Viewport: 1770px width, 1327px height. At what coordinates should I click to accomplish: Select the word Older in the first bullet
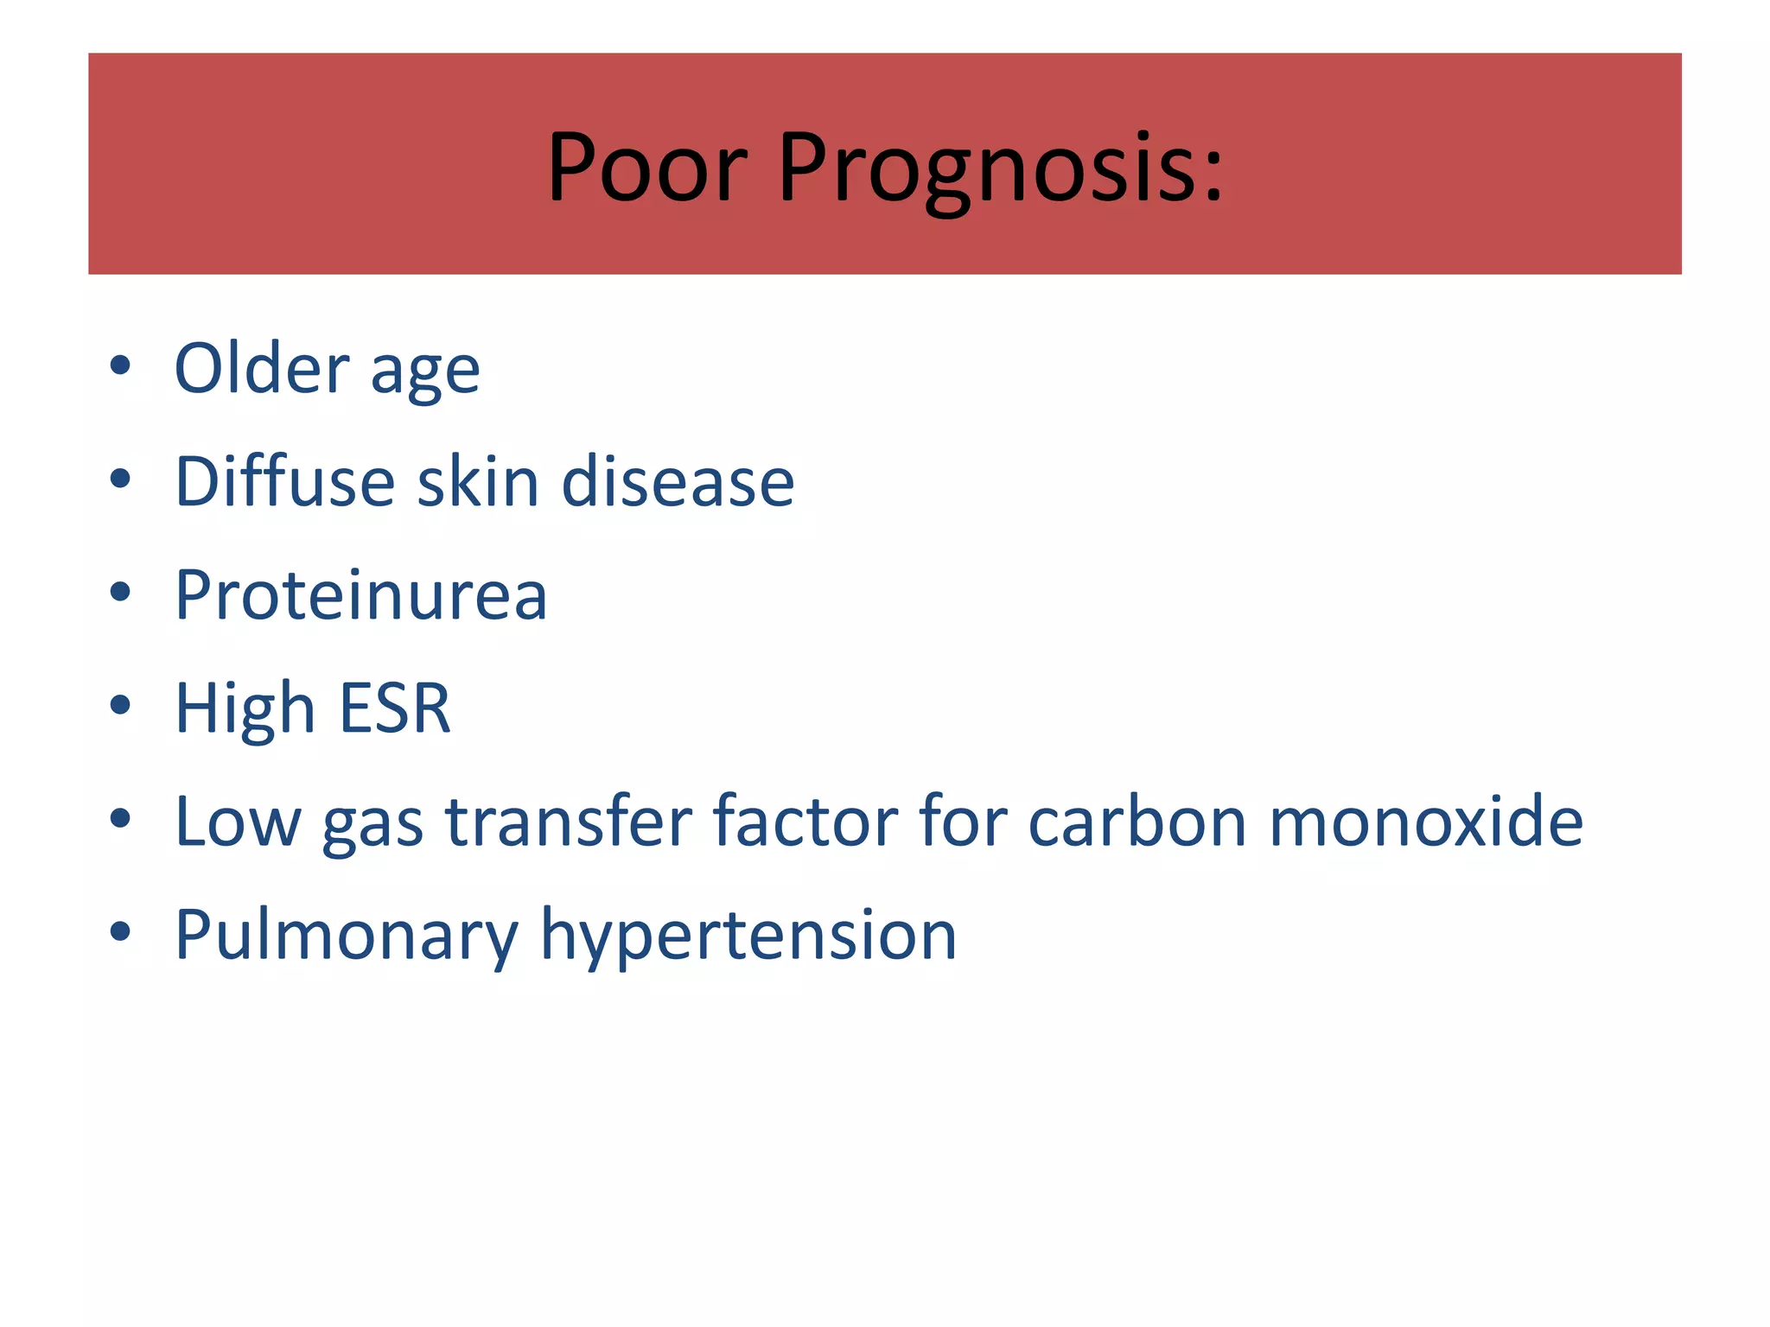pos(261,368)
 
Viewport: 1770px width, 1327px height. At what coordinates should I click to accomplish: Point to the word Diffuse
pos(284,481)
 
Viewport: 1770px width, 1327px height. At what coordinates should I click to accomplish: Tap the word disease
pos(678,481)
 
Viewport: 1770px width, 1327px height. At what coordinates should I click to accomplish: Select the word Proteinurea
pos(360,595)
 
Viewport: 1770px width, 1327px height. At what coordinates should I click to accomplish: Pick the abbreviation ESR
pos(395,708)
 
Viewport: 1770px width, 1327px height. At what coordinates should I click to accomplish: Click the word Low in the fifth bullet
pos(238,822)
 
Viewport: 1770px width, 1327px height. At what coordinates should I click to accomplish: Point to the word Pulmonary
pos(346,937)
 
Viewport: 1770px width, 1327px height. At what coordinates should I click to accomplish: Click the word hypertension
pos(748,937)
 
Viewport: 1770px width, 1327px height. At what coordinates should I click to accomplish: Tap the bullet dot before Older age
pos(120,365)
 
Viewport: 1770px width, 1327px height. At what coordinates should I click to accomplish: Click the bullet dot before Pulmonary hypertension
pos(120,931)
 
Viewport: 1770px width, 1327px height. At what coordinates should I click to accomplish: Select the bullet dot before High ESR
pos(120,705)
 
